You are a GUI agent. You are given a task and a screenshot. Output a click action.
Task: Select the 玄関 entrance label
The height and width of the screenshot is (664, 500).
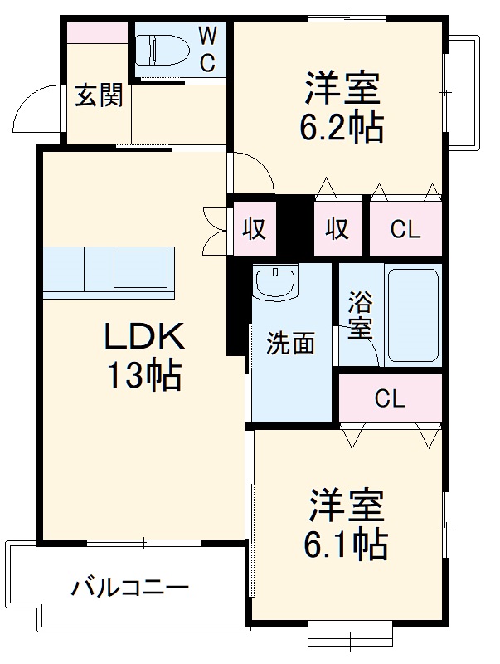click(99, 96)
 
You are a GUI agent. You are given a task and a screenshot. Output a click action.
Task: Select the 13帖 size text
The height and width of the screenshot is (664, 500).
click(143, 377)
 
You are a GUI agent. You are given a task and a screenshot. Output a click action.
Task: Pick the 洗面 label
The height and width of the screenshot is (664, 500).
click(290, 344)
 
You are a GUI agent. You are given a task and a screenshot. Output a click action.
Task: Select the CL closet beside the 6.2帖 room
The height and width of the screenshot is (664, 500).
click(405, 229)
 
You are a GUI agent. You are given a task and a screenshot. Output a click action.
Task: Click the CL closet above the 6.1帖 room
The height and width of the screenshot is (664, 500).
click(389, 399)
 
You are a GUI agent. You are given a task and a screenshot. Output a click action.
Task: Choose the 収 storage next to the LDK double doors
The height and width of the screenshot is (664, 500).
click(255, 229)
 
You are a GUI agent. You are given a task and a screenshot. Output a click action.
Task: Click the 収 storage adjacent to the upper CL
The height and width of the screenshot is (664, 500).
click(337, 229)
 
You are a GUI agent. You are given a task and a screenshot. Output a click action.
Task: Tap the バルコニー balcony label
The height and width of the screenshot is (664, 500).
click(130, 588)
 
